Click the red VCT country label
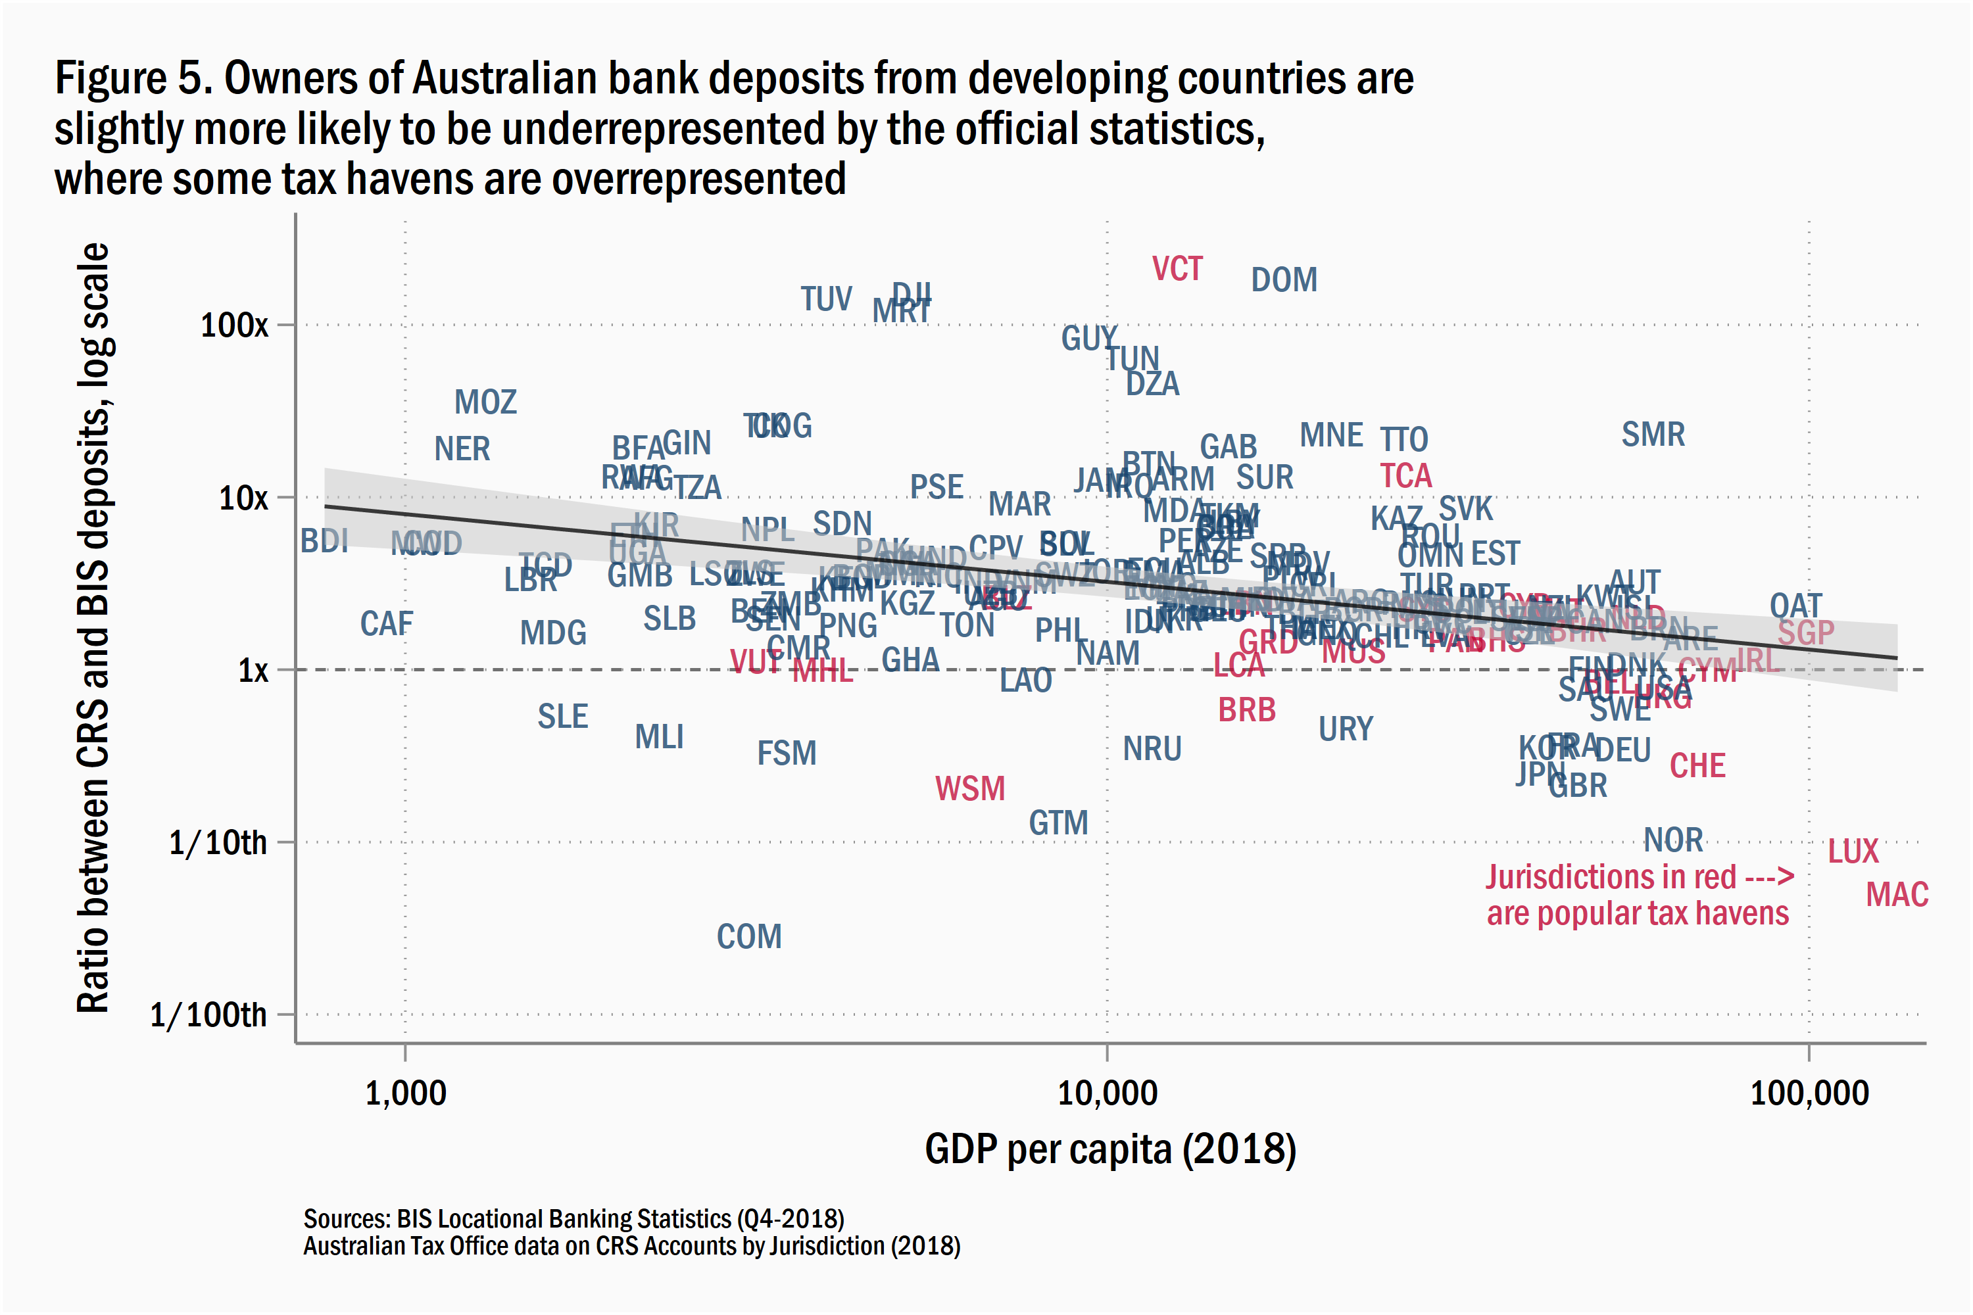[x=1177, y=269]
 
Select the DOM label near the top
[x=1284, y=280]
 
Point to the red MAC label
[x=1897, y=895]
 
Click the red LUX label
[x=1853, y=852]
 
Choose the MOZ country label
[x=485, y=402]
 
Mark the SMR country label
[x=1653, y=435]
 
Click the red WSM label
[x=969, y=789]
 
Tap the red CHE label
[x=1697, y=767]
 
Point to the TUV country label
[x=825, y=299]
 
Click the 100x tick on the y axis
[x=234, y=325]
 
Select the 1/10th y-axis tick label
[x=218, y=843]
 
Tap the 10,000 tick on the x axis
[x=1108, y=1093]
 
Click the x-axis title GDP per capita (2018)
[x=1110, y=1149]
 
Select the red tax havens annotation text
[x=1638, y=896]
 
